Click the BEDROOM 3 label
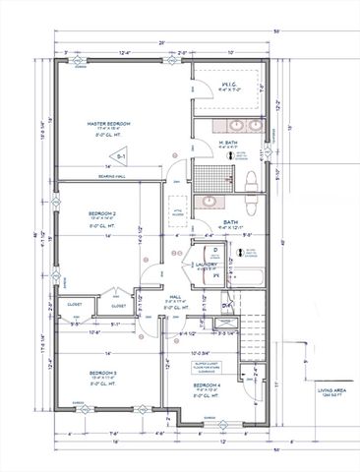(x=101, y=374)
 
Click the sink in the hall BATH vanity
(x=208, y=203)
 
